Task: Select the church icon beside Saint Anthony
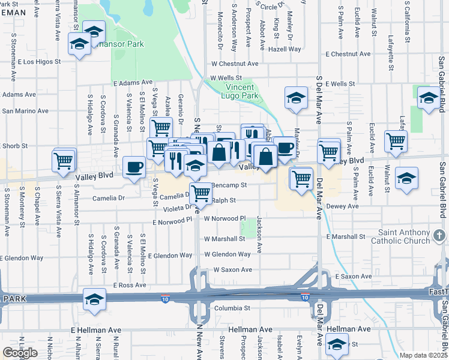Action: pyautogui.click(x=440, y=233)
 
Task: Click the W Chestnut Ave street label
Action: pyautogui.click(x=234, y=64)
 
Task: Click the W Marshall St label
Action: pyautogui.click(x=224, y=238)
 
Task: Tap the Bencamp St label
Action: pyautogui.click(x=229, y=185)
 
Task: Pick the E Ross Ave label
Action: pyautogui.click(x=130, y=285)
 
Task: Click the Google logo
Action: pyautogui.click(x=20, y=353)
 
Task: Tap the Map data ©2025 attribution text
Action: pyautogui.click(x=423, y=355)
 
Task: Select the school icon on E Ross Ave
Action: pyautogui.click(x=94, y=299)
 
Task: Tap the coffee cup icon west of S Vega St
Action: pyautogui.click(x=134, y=166)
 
